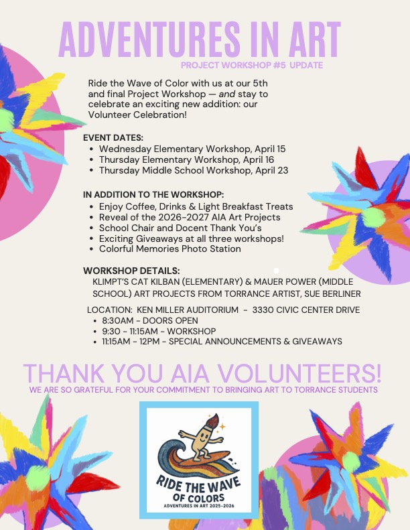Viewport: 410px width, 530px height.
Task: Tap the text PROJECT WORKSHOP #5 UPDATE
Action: pos(252,66)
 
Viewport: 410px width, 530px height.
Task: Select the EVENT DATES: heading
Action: pos(113,137)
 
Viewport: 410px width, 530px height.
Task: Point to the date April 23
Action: pos(271,170)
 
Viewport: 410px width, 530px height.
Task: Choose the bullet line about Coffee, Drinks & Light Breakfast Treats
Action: pos(196,206)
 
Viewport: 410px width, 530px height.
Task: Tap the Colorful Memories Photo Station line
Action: pos(169,249)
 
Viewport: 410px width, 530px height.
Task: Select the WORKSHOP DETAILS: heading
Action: pos(131,270)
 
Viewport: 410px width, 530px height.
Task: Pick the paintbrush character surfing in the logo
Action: pos(199,438)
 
